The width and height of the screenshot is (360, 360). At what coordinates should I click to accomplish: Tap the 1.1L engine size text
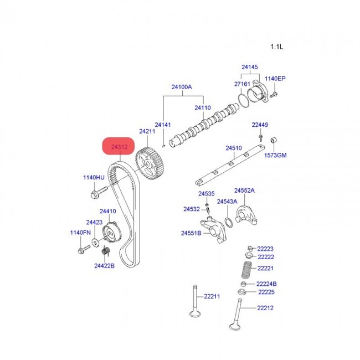pos(276,47)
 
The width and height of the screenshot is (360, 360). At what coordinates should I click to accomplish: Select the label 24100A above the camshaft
pos(181,87)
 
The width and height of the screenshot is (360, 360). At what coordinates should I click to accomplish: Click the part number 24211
pos(147,131)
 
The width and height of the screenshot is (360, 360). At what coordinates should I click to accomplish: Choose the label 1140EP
pos(274,79)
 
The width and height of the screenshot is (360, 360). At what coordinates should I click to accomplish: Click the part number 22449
pos(260,125)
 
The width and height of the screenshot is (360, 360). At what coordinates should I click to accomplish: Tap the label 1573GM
pos(275,155)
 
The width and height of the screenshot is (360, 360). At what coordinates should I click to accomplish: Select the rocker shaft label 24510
pos(234,148)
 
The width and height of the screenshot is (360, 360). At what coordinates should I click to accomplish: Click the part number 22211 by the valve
pos(211,296)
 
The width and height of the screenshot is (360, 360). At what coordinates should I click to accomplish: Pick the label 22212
pos(265,308)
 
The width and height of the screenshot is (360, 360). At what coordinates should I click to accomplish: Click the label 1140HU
pos(94,177)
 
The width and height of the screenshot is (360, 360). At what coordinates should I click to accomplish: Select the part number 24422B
pos(104,266)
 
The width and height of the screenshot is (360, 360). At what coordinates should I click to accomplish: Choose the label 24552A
pos(244,190)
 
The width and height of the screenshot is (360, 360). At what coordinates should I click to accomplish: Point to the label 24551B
pos(191,233)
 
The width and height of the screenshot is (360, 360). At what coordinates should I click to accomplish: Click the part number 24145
pos(249,67)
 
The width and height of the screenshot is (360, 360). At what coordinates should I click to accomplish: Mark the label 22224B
pos(267,284)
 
